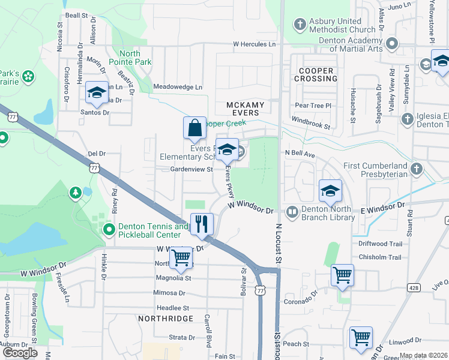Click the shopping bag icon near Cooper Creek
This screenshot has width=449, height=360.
pos(194,128)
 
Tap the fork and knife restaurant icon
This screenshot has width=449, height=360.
pos(202,224)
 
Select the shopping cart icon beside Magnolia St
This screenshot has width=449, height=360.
pos(181,258)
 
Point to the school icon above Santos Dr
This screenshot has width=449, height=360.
pos(97,92)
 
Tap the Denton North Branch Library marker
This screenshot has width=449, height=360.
pos(292,211)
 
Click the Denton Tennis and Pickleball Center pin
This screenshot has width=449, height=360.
pos(109,230)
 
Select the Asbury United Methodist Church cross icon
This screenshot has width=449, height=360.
pos(300,25)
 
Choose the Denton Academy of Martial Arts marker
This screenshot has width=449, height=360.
pos(392,44)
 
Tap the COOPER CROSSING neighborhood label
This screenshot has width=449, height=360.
pos(316,75)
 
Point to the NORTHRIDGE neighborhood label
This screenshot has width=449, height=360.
pos(166,318)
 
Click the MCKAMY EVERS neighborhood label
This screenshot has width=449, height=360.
pos(245,109)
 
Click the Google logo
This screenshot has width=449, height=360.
pos(20,352)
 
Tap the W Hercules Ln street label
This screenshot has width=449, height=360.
pos(254,44)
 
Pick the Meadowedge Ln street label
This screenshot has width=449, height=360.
pos(178,87)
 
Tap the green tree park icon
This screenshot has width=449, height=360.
pos(76,193)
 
